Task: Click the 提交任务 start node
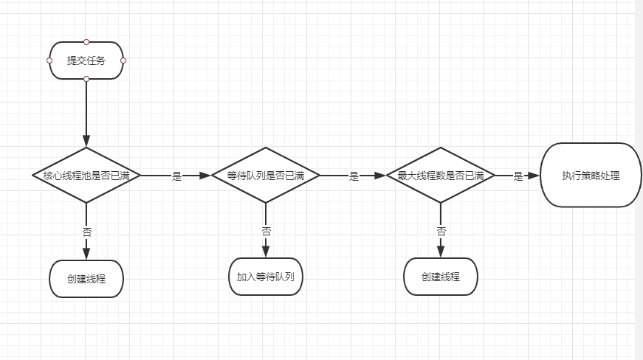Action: pos(86,60)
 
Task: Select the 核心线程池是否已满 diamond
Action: pos(86,176)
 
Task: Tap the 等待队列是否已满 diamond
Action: pos(265,176)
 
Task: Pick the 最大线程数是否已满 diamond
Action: pos(441,176)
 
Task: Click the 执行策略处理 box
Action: pos(591,176)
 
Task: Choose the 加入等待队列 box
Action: pos(265,277)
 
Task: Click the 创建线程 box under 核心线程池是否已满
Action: pos(86,279)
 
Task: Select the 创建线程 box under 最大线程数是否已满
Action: pos(441,277)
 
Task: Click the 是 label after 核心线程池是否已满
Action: pos(176,176)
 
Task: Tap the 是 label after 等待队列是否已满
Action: pos(354,176)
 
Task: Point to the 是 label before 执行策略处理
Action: pos(518,176)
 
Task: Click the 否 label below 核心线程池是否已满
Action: pos(87,232)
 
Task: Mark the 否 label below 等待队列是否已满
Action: pos(267,232)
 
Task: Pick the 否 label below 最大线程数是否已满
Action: pos(441,232)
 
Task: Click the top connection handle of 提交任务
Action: pos(86,42)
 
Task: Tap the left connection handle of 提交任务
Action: pos(49,60)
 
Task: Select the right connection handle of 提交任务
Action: pos(123,60)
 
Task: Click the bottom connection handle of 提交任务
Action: pos(86,79)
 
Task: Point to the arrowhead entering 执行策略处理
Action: pos(534,176)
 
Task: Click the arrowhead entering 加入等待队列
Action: pos(265,252)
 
